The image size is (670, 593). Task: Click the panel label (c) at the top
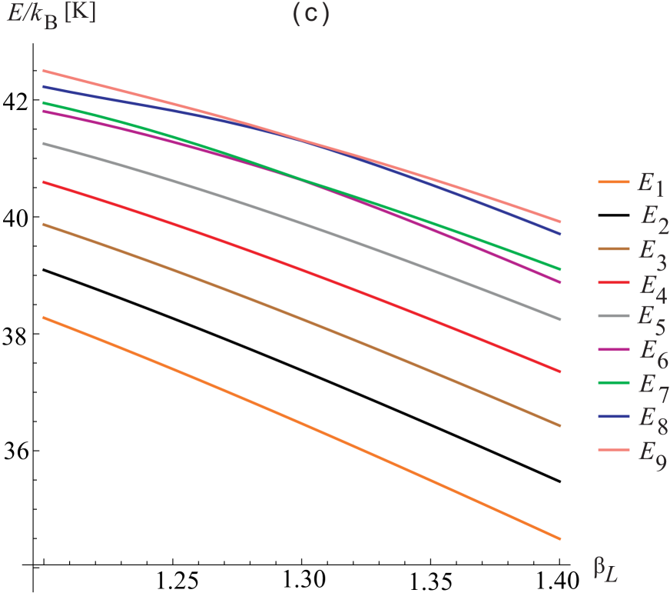311,15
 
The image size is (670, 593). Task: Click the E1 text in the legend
650,185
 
